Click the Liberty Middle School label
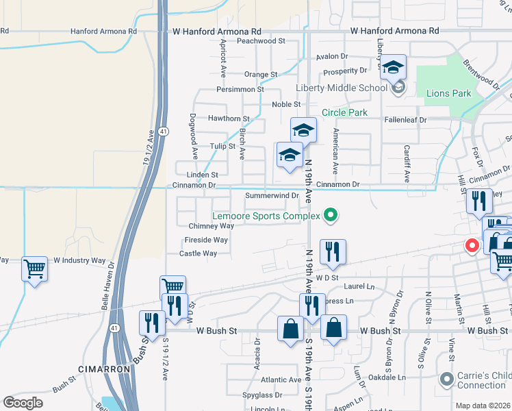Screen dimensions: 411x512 click(342, 88)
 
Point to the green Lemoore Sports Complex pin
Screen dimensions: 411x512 click(331, 216)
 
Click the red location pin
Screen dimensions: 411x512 click(472, 245)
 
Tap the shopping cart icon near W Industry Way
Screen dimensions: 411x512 click(34, 269)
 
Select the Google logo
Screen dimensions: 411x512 click(23, 403)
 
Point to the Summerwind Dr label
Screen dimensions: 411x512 click(272, 196)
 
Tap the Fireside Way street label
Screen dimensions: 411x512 click(205, 240)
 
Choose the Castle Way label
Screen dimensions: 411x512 click(198, 253)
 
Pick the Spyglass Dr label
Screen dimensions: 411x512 click(262, 395)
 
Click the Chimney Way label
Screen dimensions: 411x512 click(211, 225)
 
